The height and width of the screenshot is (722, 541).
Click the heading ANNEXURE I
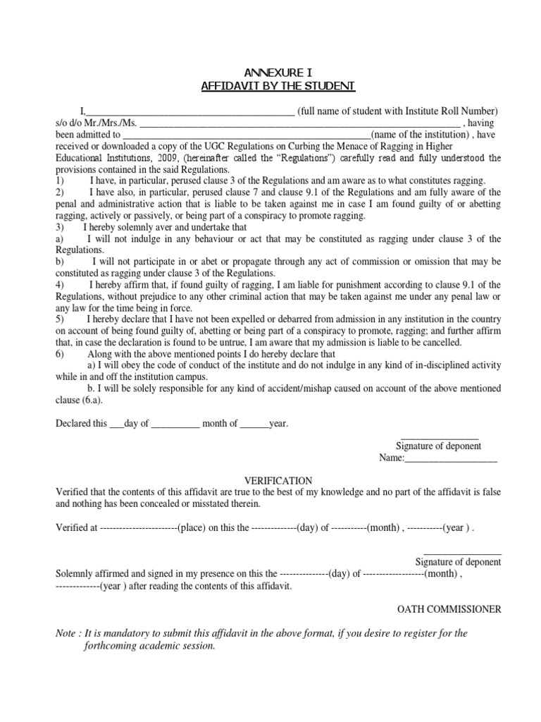[x=278, y=73]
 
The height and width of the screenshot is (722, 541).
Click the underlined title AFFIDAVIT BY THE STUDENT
[x=278, y=86]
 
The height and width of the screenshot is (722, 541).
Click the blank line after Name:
[x=451, y=459]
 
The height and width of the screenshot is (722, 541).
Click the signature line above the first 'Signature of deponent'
[x=440, y=438]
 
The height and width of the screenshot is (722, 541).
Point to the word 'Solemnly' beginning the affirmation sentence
[x=75, y=574]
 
